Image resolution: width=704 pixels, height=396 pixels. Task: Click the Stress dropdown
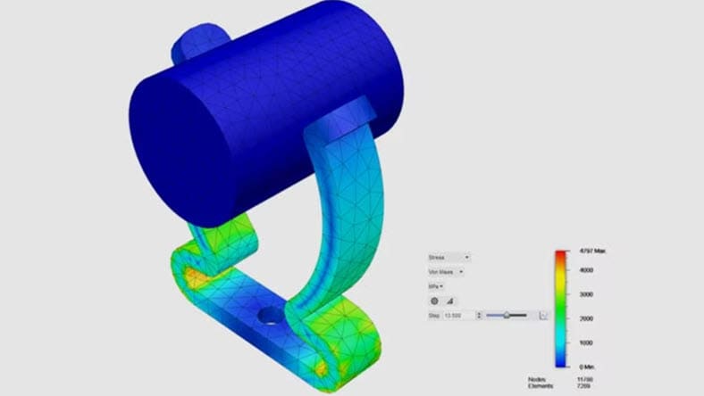coord(448,257)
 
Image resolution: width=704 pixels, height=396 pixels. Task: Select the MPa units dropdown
coord(438,285)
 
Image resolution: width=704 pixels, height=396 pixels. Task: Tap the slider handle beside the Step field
coord(507,315)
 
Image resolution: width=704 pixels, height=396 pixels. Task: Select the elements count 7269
coord(584,386)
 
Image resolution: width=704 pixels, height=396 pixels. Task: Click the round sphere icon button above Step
coord(435,301)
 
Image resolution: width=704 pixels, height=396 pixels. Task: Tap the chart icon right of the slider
coord(543,315)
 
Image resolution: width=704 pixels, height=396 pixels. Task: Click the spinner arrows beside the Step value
coord(479,315)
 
